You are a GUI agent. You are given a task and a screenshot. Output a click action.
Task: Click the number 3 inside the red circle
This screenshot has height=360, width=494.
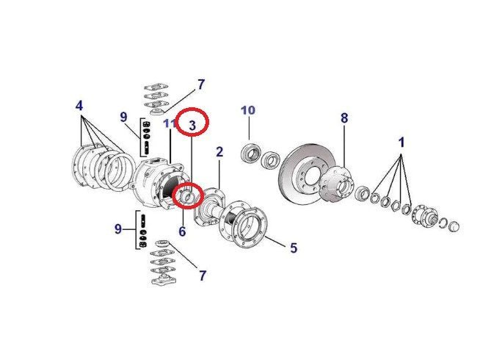(192, 125)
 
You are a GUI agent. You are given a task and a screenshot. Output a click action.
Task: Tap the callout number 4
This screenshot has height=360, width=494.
(79, 106)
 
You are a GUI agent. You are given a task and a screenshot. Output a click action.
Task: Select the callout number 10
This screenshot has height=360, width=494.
(248, 110)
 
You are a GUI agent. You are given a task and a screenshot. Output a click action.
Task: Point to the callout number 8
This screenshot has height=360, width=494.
(344, 118)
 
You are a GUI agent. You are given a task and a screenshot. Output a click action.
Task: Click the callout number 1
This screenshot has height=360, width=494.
(402, 140)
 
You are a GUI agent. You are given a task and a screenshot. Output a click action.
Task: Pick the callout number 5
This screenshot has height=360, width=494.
(293, 248)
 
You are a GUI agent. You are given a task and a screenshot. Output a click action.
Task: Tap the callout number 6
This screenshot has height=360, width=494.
(182, 231)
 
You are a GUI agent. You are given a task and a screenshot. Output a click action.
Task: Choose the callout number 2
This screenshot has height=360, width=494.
(219, 152)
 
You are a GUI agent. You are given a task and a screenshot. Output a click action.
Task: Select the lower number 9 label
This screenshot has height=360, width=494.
(118, 229)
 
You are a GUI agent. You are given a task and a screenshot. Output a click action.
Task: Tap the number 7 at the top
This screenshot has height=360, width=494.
(201, 84)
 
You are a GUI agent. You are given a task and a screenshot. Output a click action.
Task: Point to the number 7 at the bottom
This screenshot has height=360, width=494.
(202, 276)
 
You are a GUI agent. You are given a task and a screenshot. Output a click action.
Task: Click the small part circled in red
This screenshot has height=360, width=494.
(189, 196)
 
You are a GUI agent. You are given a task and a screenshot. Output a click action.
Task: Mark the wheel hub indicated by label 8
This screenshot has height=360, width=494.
(338, 184)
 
